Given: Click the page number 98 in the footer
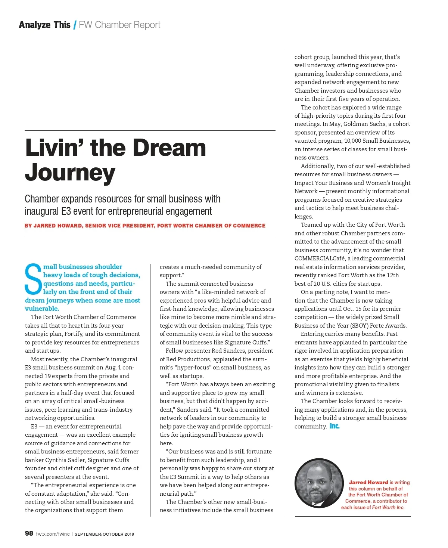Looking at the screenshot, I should pos(29,533).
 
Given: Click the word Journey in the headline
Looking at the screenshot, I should pos(70,173).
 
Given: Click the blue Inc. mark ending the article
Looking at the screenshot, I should pos(335,426).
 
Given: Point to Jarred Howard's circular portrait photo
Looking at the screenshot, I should pos(319,483).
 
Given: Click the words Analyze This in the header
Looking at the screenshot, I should pos(45,25).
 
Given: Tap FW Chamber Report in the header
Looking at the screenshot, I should pos(119,25).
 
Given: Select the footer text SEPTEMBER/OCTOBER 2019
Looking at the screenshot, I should pos(104,534).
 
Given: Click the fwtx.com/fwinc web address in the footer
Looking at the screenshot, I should pos(53,534).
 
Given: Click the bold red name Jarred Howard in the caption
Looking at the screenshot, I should pos(368,482).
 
